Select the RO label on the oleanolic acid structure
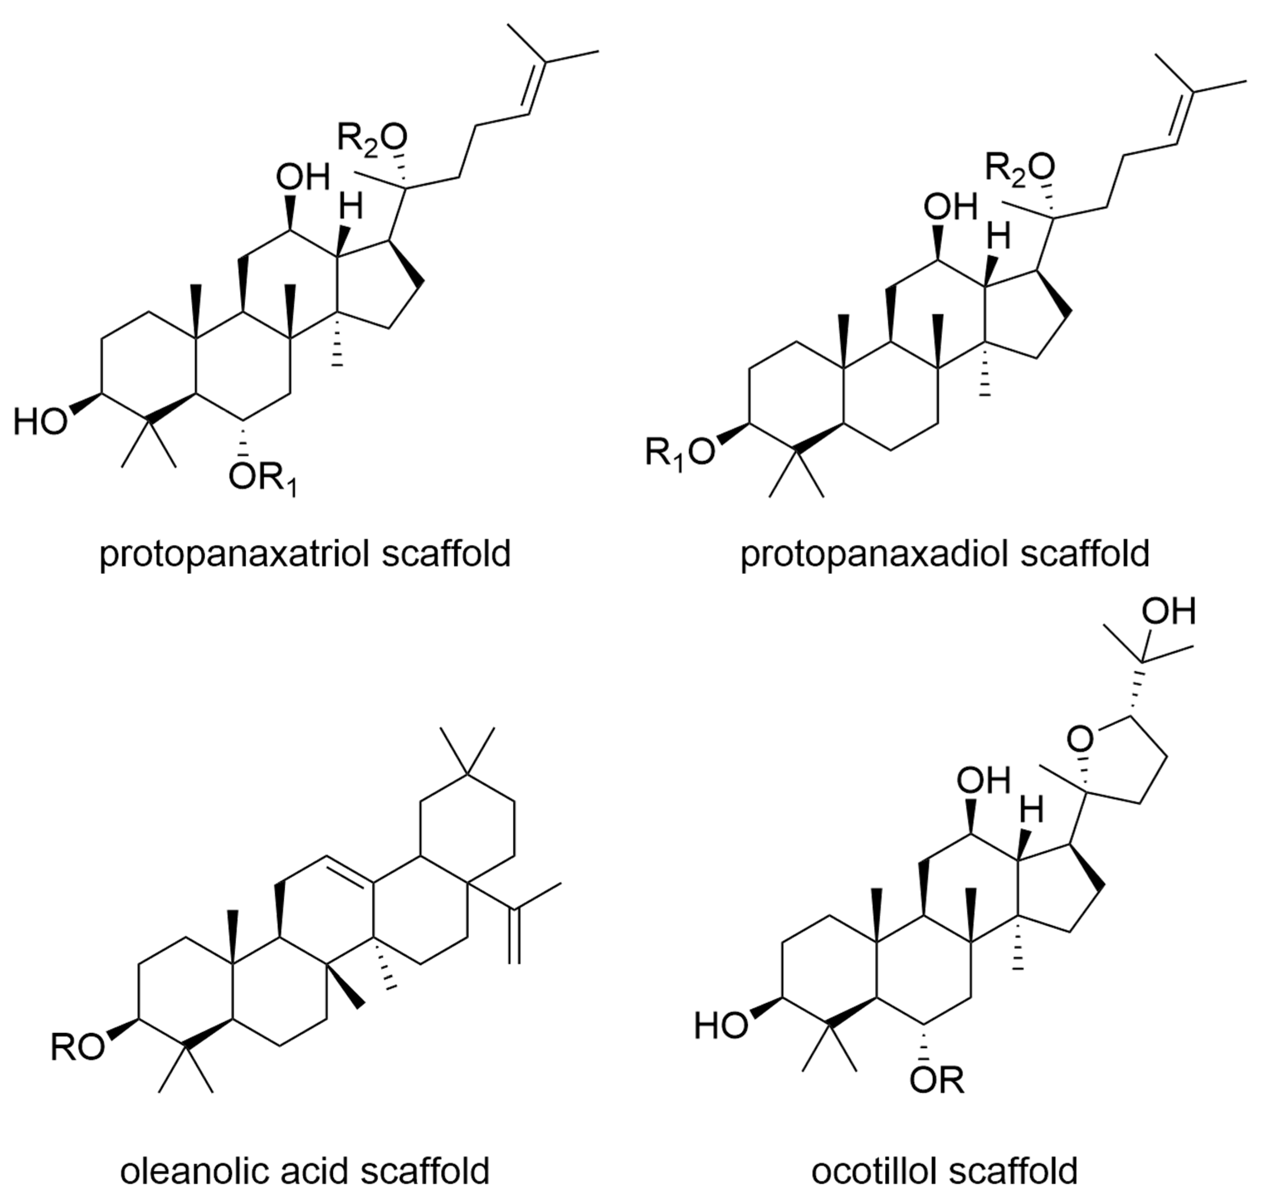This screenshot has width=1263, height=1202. point(77,1048)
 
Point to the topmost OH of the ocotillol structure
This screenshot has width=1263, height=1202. point(1169,611)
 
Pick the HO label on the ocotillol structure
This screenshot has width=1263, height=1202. point(721,1026)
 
